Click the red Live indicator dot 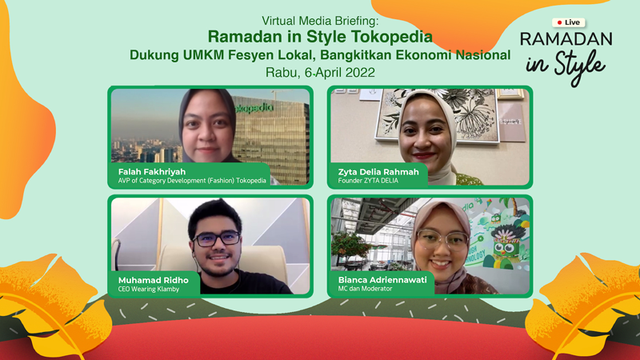coord(559,22)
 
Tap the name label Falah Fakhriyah coord(152,172)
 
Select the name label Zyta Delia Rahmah coord(378,172)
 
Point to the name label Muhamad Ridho coord(154,281)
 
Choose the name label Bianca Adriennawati coord(382,280)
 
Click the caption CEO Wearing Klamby coord(149,289)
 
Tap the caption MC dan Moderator coord(365,289)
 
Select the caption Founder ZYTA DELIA coord(368,181)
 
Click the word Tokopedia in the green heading coord(392,37)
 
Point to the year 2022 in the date coord(360,73)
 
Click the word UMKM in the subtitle coord(203,54)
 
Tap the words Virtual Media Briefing coord(320,21)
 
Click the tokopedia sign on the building coord(254,108)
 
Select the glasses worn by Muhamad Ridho coord(217,238)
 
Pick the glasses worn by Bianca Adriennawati coord(443,240)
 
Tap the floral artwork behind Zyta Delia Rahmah coord(437,115)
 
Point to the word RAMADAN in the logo coord(566,39)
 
